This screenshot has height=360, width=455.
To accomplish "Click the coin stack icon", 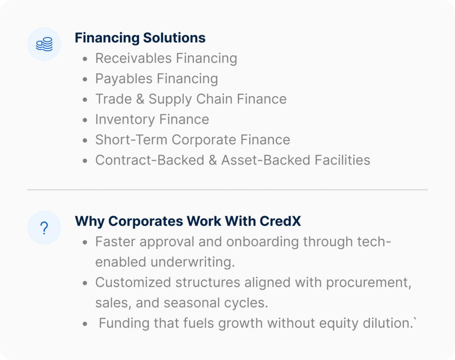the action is point(44,44).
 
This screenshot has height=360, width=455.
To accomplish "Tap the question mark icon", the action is point(44,228).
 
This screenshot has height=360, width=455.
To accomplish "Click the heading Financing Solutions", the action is point(140,38).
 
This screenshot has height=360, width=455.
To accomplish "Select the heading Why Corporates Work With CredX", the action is point(188,221).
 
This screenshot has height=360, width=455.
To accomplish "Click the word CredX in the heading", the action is point(280,221).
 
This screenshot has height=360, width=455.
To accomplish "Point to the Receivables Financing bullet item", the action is point(166,58).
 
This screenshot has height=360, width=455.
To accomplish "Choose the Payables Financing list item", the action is point(157,79).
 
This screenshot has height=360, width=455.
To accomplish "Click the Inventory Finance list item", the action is point(152,119).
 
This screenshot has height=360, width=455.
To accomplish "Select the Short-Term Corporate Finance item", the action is point(193,140).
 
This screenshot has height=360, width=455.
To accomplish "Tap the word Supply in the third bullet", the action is point(170,99).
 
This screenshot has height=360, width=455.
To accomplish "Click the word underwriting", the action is point(193,262).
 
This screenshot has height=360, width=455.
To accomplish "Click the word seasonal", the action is point(190,303).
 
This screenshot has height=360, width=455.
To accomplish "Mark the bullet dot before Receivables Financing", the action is point(85,59).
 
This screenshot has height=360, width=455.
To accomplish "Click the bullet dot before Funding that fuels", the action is point(85,324).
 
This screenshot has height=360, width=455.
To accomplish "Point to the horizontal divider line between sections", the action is point(227,190).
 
